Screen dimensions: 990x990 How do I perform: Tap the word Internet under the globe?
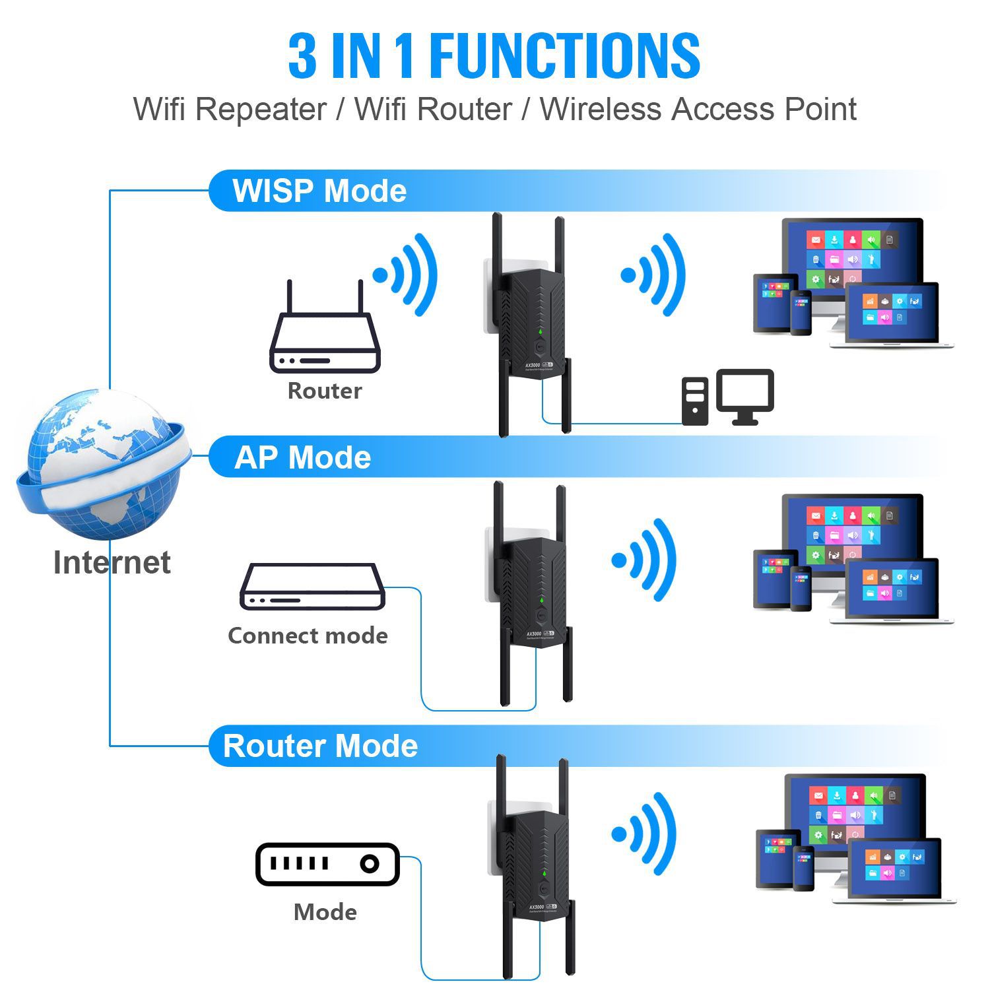coord(112,562)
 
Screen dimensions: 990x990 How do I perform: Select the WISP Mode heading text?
coord(319,191)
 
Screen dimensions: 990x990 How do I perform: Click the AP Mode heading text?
coord(303,457)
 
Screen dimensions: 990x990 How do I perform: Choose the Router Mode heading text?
coord(321,746)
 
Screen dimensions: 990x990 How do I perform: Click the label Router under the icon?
coord(325,391)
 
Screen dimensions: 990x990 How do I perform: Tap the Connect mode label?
coord(308,636)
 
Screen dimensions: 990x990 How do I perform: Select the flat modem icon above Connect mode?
coord(312,587)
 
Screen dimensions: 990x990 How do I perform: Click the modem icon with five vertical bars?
coord(327,863)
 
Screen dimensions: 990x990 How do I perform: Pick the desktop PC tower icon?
coord(694,401)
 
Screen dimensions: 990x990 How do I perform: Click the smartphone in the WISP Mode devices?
coord(801,313)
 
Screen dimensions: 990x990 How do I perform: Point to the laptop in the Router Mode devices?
coord(895,871)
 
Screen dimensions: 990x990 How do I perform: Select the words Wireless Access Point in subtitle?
coord(698,109)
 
